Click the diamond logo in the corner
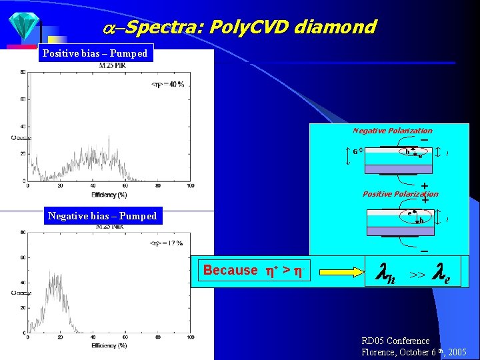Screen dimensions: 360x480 tap(25, 26)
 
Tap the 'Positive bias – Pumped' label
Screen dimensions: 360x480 tap(96, 53)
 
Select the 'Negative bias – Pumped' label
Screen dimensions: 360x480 tap(102, 216)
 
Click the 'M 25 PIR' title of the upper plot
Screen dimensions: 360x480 tap(113, 65)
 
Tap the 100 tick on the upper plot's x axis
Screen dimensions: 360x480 tap(191, 186)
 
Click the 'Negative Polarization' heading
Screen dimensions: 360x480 tap(392, 131)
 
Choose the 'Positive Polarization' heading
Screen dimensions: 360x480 tap(400, 194)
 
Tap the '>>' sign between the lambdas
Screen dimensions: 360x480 tap(418, 274)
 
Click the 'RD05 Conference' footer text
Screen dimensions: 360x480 tap(395, 341)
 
